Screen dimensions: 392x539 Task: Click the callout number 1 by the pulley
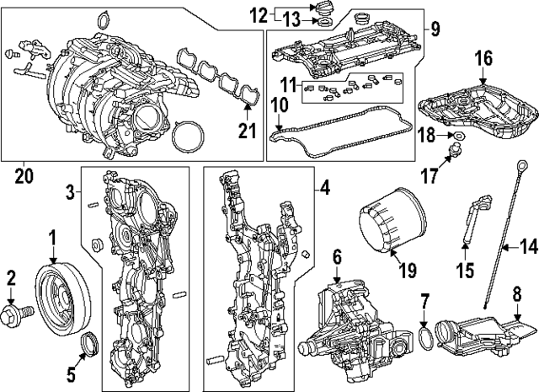(x=52, y=238)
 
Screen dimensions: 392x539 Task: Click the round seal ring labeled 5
(x=88, y=345)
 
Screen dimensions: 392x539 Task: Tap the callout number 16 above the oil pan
(x=482, y=58)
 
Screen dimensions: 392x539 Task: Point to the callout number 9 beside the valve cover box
(x=435, y=30)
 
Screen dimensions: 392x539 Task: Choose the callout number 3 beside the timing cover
(x=73, y=194)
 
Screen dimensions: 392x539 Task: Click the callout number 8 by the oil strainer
(x=517, y=296)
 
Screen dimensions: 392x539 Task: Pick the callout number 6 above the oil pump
(x=335, y=255)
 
